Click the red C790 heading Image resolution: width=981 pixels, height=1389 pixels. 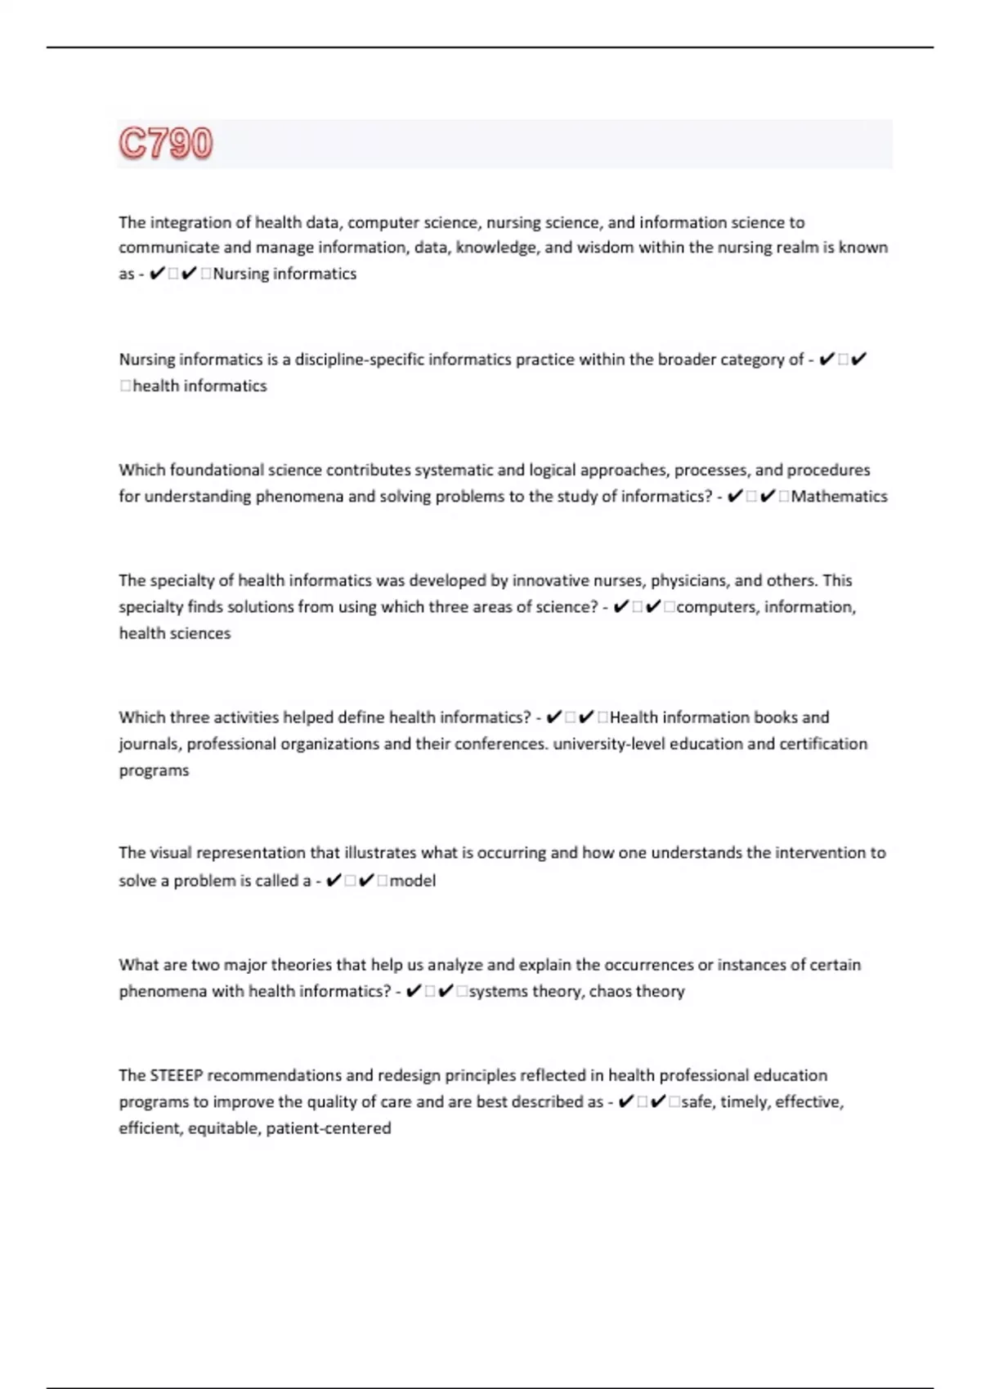(166, 143)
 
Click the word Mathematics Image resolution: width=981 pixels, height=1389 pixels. (839, 496)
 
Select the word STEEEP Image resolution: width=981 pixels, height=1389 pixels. (175, 1075)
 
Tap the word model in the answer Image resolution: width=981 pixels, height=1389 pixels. (413, 881)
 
